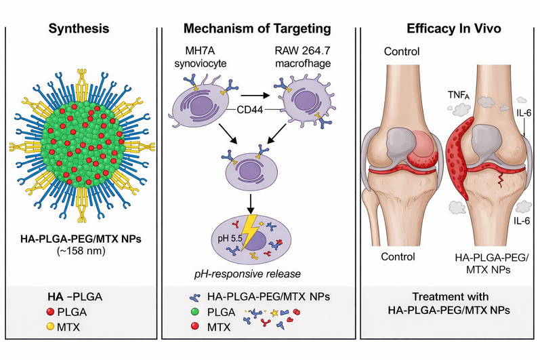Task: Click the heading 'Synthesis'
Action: (x=78, y=29)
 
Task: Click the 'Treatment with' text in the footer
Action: (x=449, y=299)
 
